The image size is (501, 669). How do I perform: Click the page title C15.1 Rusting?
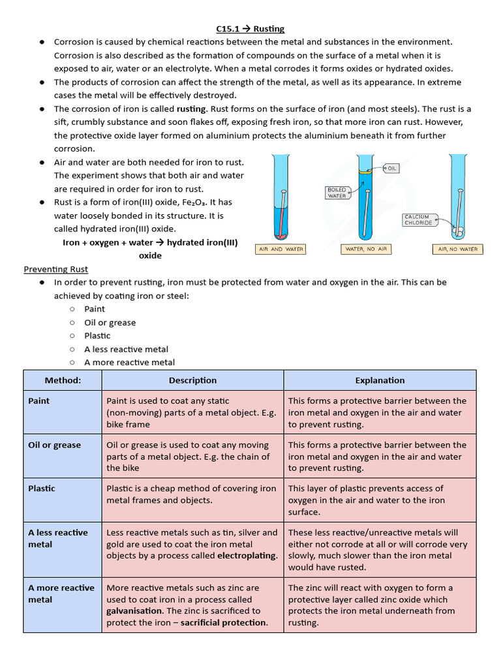(250, 29)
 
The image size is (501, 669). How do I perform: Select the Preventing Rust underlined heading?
(55, 269)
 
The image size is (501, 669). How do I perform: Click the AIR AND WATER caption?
(281, 249)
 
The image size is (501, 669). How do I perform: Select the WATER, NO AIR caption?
(363, 249)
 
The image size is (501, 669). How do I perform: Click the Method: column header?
(63, 380)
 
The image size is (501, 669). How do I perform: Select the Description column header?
(192, 380)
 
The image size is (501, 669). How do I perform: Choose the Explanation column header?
(380, 380)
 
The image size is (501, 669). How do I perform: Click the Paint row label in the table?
(39, 401)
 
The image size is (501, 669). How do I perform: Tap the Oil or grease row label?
(55, 445)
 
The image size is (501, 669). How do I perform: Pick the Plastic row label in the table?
(42, 489)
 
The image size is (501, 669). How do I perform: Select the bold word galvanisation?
(135, 611)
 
